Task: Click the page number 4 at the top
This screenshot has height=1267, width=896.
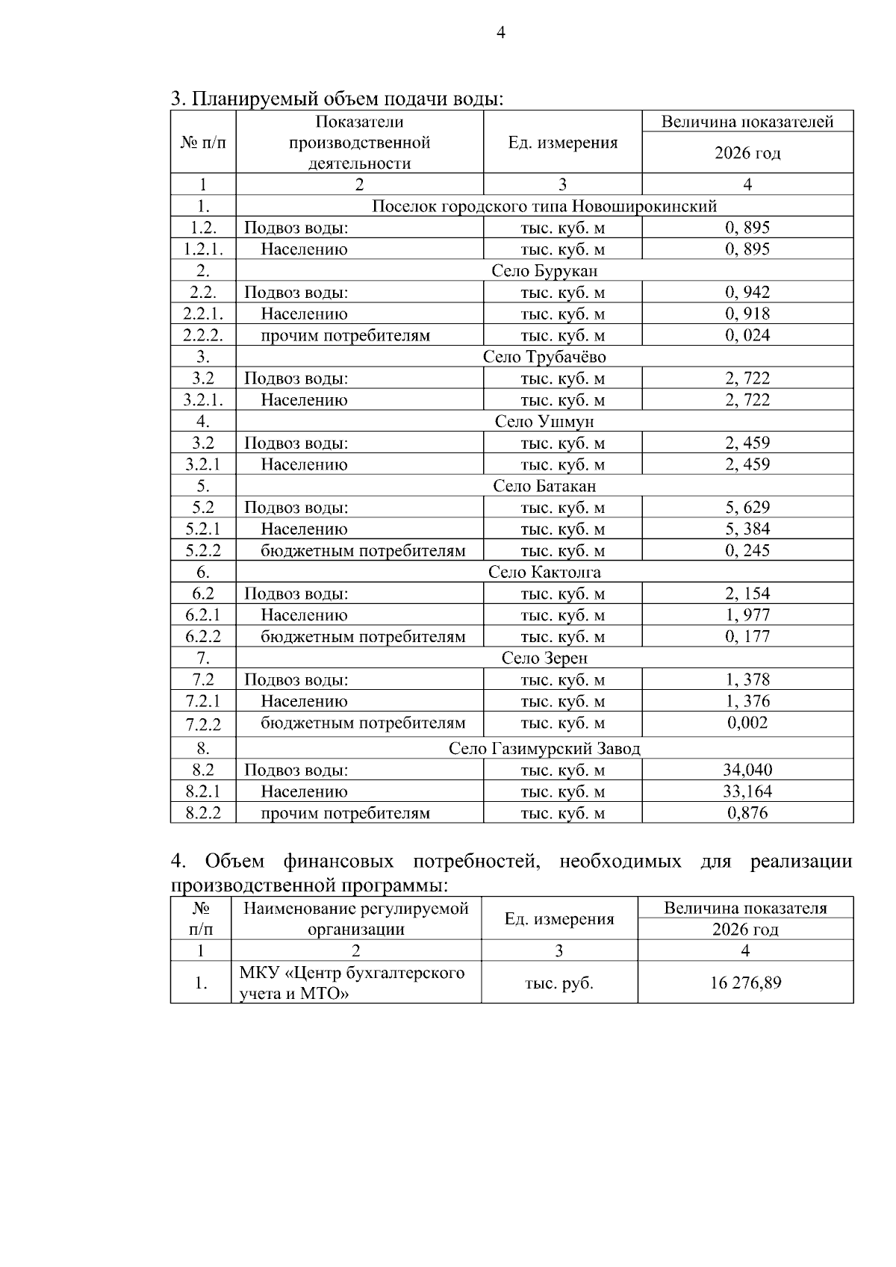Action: (x=500, y=34)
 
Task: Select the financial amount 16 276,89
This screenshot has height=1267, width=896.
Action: (x=745, y=983)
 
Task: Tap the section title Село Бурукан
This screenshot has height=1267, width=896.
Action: (x=544, y=270)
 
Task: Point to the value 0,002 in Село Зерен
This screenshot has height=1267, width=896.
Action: (x=747, y=723)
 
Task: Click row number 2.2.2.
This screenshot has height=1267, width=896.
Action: (x=203, y=335)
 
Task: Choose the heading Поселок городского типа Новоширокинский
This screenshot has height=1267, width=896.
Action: (x=544, y=206)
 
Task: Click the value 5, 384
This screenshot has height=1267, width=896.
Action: (x=747, y=529)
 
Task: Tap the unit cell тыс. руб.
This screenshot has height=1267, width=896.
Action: (x=559, y=983)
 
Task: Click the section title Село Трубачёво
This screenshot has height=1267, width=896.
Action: (x=544, y=357)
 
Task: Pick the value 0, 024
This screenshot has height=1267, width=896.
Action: (x=747, y=335)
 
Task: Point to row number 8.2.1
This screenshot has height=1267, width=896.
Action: (x=203, y=791)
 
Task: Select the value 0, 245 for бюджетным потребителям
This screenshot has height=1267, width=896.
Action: (x=747, y=551)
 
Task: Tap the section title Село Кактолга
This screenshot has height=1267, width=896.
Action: (x=544, y=573)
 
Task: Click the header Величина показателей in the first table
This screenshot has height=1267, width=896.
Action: (x=747, y=122)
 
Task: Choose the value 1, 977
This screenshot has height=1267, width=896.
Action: (x=747, y=615)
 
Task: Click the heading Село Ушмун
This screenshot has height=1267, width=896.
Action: (x=544, y=422)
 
